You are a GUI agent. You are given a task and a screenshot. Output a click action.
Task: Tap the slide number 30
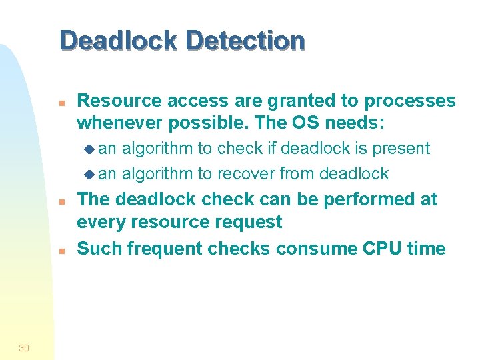24,347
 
